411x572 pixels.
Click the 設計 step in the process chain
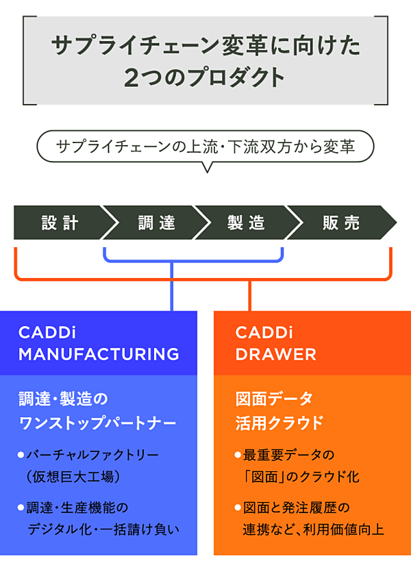pos(60,223)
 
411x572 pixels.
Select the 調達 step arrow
pos(156,223)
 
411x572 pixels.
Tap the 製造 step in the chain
pos(247,223)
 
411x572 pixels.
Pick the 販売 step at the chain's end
pos(341,223)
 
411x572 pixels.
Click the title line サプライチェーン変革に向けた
pos(206,47)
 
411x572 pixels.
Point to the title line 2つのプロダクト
pos(206,77)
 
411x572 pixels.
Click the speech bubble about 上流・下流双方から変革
pos(206,146)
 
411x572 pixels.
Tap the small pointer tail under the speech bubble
pos(205,166)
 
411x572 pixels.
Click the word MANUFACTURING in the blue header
pos(99,354)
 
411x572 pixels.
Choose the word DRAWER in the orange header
pos(276,354)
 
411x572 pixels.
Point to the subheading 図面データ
pos(274,398)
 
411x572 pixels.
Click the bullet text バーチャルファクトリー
pos(92,455)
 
